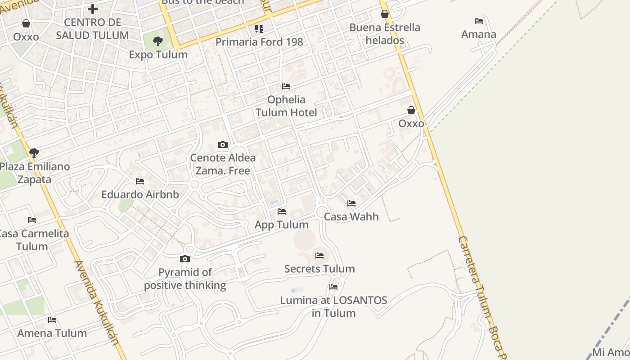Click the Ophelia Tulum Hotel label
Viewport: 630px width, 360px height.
(286, 106)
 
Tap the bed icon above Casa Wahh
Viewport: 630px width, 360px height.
(351, 203)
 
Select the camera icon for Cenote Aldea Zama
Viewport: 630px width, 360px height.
(222, 145)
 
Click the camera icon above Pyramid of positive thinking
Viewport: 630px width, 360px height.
(184, 259)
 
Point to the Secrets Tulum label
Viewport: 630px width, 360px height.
(319, 269)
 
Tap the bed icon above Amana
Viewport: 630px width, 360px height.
(479, 21)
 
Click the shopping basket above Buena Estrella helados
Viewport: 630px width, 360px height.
(385, 14)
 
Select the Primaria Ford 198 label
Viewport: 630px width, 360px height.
(259, 42)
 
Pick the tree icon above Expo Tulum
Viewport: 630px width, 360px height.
(158, 41)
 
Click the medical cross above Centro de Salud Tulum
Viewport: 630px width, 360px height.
(93, 9)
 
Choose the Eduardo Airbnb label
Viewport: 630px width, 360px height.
(140, 195)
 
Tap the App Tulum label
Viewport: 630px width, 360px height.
(282, 225)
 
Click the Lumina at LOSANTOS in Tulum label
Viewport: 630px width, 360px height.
(333, 306)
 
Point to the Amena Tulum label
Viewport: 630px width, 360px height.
(52, 333)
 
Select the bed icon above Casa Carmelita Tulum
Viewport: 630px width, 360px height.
(32, 220)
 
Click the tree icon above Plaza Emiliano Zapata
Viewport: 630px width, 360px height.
(34, 153)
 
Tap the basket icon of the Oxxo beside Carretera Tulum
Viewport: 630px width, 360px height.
(411, 110)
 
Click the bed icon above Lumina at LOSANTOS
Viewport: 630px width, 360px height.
(333, 287)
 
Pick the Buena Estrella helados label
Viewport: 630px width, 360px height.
(385, 34)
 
